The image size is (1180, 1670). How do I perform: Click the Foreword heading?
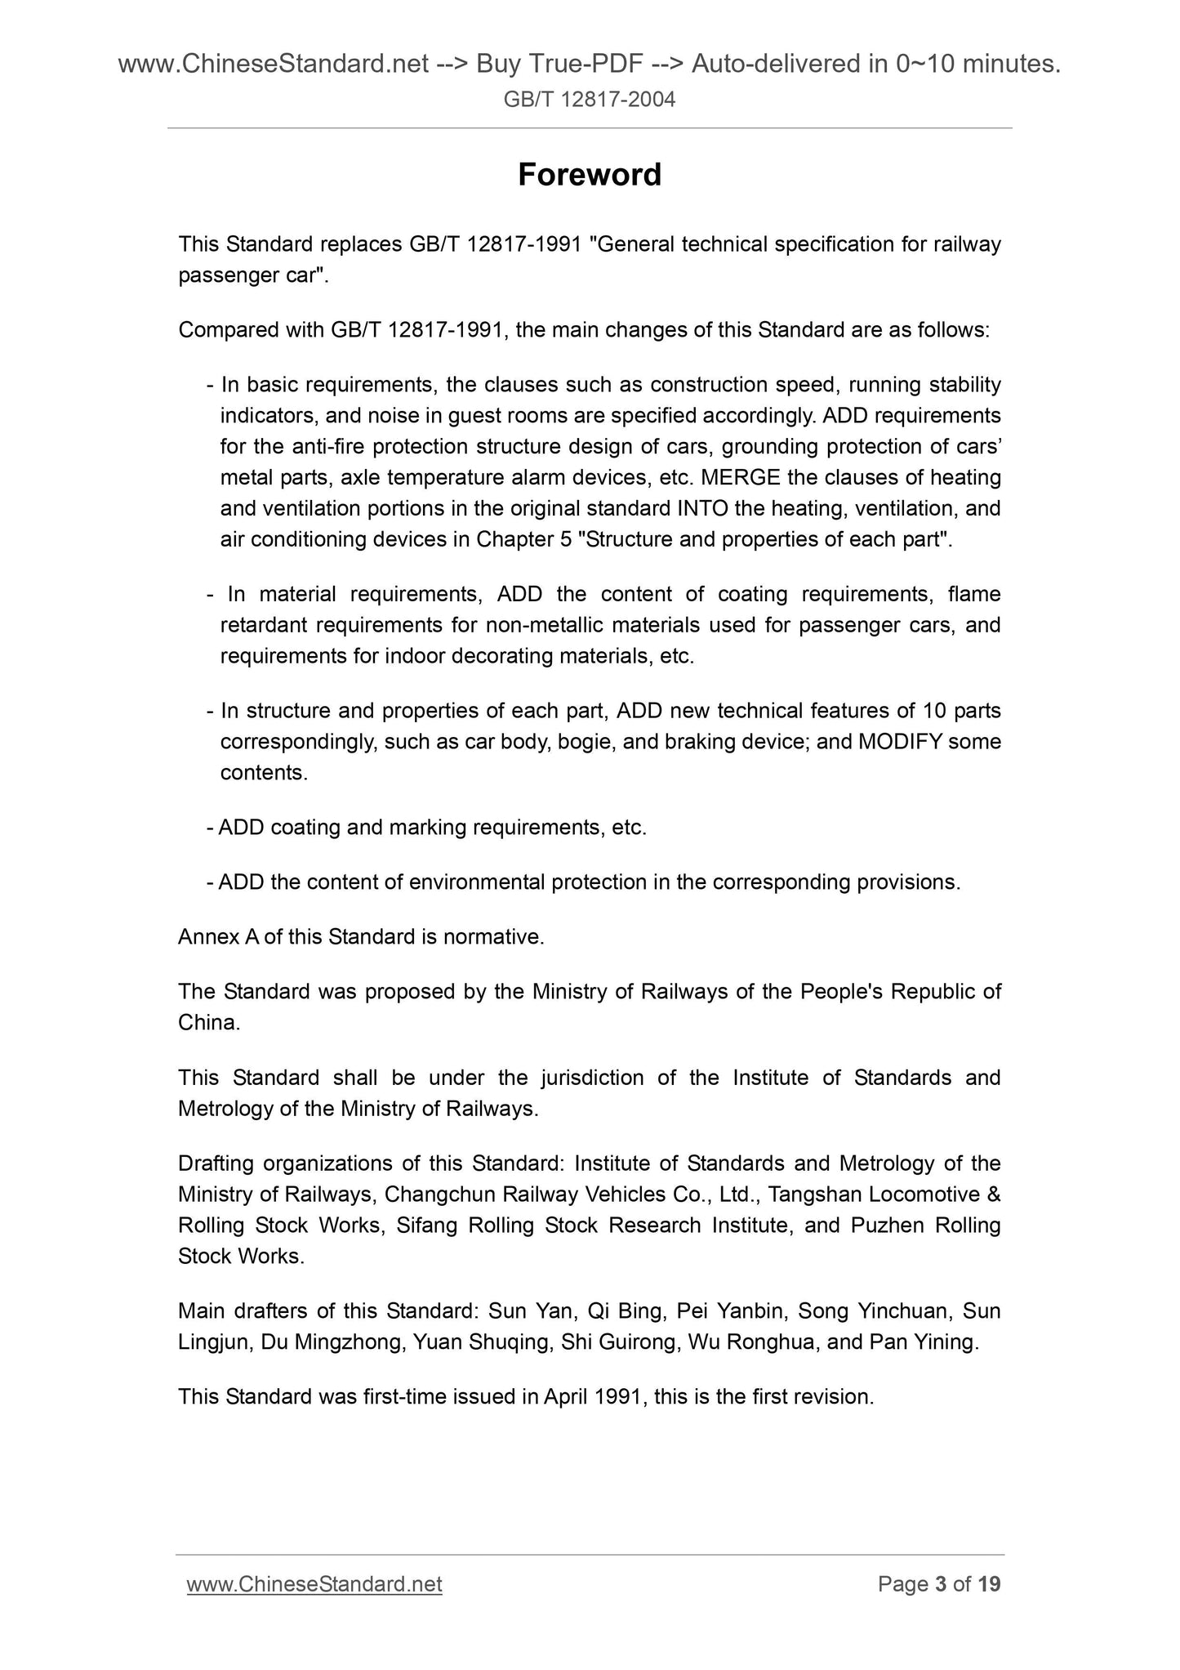590,175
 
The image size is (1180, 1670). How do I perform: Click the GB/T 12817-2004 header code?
590,100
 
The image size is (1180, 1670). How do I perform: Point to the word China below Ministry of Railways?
208,1023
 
